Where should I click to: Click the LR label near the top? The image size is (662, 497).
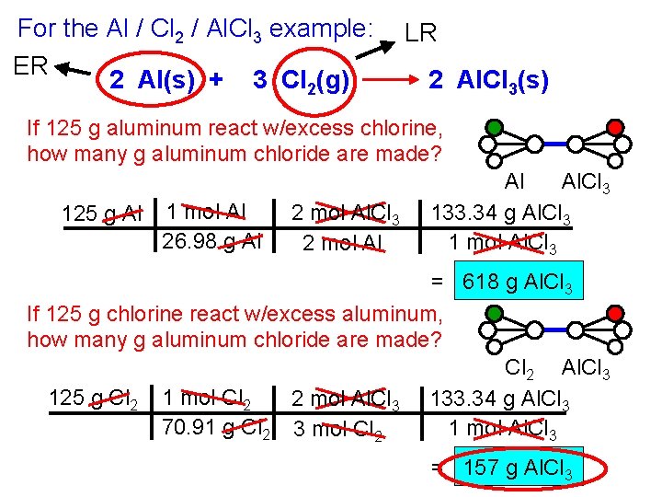[421, 34]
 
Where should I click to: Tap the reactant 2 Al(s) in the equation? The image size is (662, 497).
[153, 81]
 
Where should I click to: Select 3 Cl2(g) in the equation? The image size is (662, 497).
[302, 81]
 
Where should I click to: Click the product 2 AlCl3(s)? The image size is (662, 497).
[489, 81]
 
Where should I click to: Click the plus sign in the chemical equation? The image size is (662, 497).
[216, 81]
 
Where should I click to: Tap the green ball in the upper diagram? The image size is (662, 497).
[495, 127]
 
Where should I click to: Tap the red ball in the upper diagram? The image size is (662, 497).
[615, 127]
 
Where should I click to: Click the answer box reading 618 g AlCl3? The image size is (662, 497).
[520, 283]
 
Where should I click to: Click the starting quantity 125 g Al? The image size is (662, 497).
[101, 214]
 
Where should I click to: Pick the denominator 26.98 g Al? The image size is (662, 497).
[211, 242]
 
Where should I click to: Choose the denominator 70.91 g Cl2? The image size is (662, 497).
[214, 427]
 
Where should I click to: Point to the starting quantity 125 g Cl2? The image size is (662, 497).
[93, 399]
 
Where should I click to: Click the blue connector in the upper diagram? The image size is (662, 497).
[554, 144]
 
